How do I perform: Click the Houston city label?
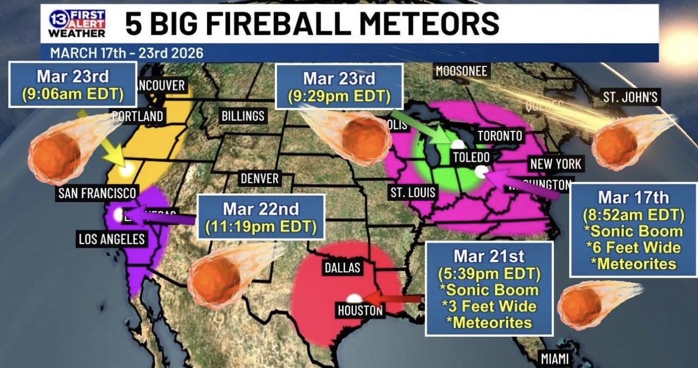pyautogui.click(x=360, y=311)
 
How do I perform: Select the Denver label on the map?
pyautogui.click(x=260, y=178)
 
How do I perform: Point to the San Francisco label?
pyautogui.click(x=97, y=193)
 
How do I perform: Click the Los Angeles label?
pyautogui.click(x=113, y=238)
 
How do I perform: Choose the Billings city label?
pyautogui.click(x=243, y=116)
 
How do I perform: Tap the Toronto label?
pyautogui.click(x=499, y=136)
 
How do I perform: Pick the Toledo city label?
pyautogui.click(x=472, y=158)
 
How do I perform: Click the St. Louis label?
pyautogui.click(x=412, y=192)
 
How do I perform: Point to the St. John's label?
pyautogui.click(x=630, y=97)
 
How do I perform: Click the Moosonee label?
pyautogui.click(x=461, y=71)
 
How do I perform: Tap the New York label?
pyautogui.click(x=556, y=164)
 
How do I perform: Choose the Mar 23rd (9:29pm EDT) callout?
pyautogui.click(x=339, y=85)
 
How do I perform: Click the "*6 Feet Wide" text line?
pyautogui.click(x=633, y=248)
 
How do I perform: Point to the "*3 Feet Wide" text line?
pyautogui.click(x=488, y=306)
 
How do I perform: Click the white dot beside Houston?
pyautogui.click(x=353, y=298)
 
